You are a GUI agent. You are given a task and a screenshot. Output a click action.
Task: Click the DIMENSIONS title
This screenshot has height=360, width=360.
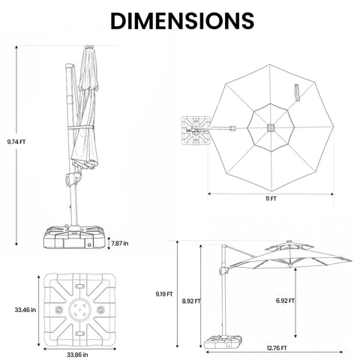182,21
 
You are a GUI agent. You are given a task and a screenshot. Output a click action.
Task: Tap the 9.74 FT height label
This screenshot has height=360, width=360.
16,142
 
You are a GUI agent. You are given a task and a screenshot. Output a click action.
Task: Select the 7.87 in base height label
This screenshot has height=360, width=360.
120,243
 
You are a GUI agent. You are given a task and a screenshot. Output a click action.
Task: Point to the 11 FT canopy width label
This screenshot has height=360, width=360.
271,199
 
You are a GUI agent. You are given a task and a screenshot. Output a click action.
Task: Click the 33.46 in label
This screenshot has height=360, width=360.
25,310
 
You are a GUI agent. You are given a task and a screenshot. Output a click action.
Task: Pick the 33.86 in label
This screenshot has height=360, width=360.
77,355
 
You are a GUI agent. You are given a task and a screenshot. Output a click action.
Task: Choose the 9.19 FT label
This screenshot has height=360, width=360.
164,294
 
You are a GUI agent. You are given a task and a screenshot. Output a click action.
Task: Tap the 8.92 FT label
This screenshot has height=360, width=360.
191,301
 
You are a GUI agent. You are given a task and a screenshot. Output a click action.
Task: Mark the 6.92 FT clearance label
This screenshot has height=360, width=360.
285,301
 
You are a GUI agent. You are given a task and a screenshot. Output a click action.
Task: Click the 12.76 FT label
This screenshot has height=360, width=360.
277,348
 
